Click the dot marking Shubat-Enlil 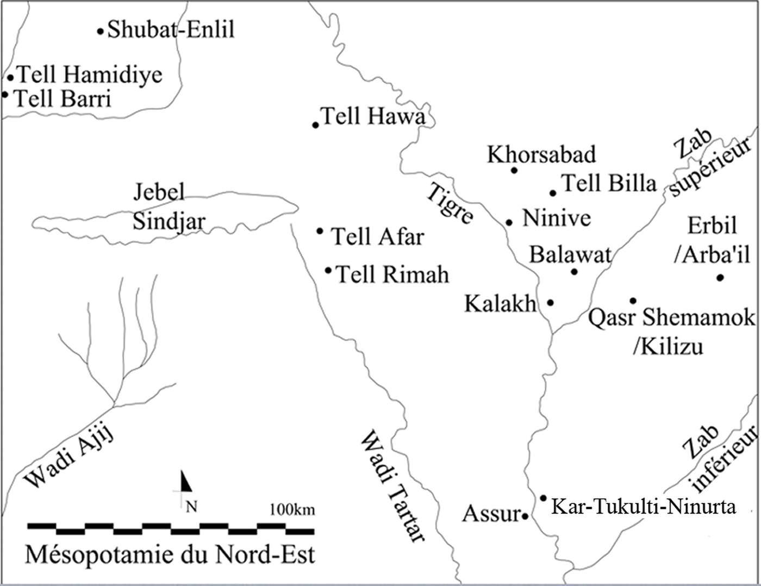100,32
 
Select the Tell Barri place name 62,99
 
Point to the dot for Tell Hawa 315,125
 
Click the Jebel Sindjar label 169,207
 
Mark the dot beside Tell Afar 320,231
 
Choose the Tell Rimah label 392,274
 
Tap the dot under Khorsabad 514,170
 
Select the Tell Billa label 609,183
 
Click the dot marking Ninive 509,222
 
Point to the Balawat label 570,254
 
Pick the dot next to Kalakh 550,303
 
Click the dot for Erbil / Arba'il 720,278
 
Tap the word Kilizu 668,346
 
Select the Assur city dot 525,516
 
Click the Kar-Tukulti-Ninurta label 644,507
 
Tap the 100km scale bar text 292,510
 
